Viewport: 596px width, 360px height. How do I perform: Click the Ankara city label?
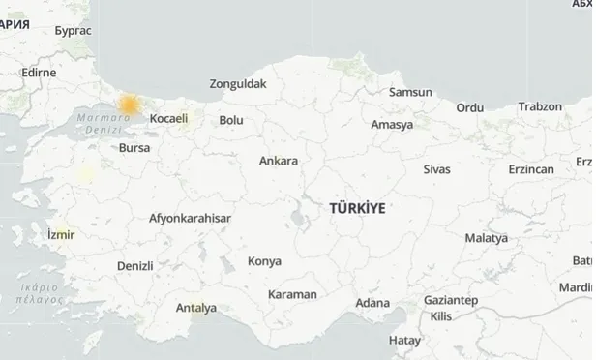tap(279, 161)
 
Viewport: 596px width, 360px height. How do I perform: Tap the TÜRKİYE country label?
tap(357, 208)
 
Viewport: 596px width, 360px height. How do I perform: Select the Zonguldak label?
tap(237, 84)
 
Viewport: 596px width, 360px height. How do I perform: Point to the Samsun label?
tap(410, 93)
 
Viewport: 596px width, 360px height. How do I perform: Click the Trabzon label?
tap(540, 106)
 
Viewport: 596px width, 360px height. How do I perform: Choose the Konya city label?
tap(264, 261)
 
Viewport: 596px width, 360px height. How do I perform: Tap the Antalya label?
tap(196, 309)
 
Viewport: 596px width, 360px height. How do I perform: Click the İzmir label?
tap(60, 235)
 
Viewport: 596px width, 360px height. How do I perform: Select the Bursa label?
tap(134, 149)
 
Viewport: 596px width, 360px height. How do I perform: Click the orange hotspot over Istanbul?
tap(129, 103)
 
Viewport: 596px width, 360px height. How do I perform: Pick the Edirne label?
tap(39, 73)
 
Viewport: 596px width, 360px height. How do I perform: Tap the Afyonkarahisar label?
tap(190, 218)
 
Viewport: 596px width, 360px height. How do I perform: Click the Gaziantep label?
tap(450, 301)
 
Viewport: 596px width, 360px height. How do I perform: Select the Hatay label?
tap(404, 341)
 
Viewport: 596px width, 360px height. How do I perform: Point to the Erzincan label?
tap(531, 169)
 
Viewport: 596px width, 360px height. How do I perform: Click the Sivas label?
tap(436, 169)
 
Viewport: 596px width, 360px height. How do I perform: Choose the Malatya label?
tap(486, 237)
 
